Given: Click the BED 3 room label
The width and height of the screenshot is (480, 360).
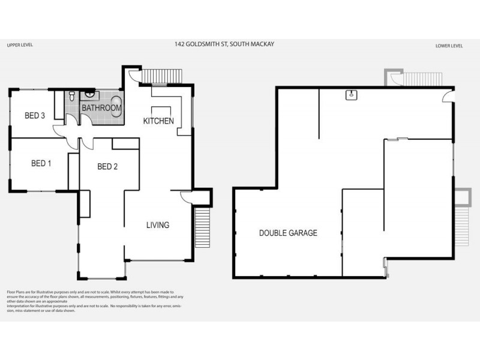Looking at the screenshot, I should pos(35,116).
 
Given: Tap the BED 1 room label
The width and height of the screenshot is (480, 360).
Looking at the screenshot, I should pos(41,163).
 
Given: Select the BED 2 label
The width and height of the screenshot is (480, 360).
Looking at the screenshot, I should pos(107,167).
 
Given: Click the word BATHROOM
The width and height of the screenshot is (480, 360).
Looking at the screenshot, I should pos(101,108).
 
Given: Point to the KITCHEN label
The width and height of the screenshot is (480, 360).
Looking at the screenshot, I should pos(158,121).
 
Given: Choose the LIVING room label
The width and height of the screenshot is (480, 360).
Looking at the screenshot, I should pos(158,225).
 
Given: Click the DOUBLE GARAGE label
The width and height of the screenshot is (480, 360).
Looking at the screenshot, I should pos(288,233).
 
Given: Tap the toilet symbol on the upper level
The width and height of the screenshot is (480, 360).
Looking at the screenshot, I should pos(71,96).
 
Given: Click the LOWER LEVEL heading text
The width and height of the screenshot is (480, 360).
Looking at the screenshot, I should pos(448,46).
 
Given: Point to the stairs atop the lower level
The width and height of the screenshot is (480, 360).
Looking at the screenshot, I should pos(413,79).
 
